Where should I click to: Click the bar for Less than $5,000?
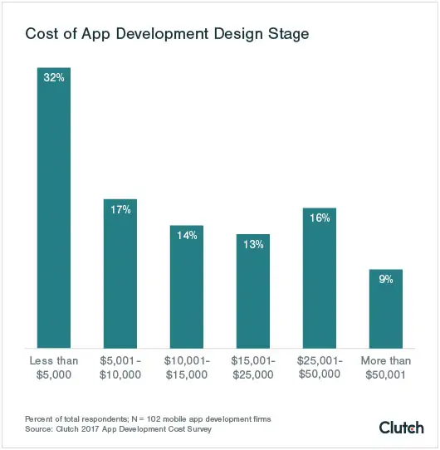(x=54, y=208)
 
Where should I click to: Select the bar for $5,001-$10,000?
(x=120, y=274)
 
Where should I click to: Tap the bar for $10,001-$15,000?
(x=187, y=287)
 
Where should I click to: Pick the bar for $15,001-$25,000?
(x=253, y=291)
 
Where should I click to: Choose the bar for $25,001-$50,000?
(x=320, y=278)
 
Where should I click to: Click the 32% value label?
(x=54, y=77)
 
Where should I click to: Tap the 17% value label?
(x=120, y=209)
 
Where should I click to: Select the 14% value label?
(x=187, y=235)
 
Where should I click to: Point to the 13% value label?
(x=253, y=244)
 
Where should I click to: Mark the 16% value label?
(x=320, y=218)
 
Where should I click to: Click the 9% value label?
(x=386, y=280)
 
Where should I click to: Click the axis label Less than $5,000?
(x=54, y=368)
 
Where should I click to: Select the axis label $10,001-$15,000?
(x=187, y=368)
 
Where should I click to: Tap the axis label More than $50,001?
(x=386, y=368)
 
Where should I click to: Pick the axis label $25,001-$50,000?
(x=320, y=368)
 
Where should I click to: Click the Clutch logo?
(x=401, y=427)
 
